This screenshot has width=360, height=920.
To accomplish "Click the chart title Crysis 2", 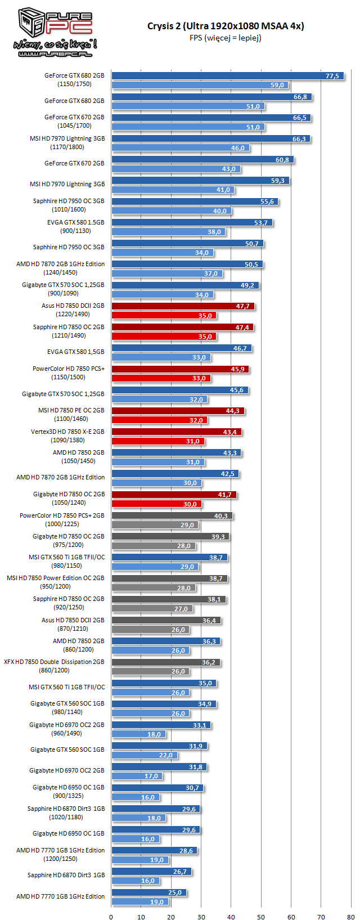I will pyautogui.click(x=226, y=26).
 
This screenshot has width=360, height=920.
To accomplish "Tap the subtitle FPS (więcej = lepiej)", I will pyautogui.click(x=226, y=38).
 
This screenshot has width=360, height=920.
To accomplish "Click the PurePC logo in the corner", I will pyautogui.click(x=55, y=32).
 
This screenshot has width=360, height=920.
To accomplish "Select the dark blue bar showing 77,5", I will pyautogui.click(x=227, y=76).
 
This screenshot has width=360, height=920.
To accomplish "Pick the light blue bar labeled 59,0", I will pyautogui.click(x=200, y=85).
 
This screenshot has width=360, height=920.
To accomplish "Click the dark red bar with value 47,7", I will pyautogui.click(x=183, y=306).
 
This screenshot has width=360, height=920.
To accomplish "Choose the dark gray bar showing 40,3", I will pyautogui.click(x=172, y=515).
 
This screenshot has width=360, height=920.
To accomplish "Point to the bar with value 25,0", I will pyautogui.click(x=148, y=892).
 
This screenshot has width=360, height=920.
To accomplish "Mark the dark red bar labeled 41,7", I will pyautogui.click(x=174, y=495).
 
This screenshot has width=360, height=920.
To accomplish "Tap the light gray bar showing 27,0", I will pyautogui.click(x=152, y=609).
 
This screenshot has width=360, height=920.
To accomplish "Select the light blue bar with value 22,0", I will pyautogui.click(x=144, y=755).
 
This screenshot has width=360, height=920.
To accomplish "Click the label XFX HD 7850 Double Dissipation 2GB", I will pyautogui.click(x=54, y=662).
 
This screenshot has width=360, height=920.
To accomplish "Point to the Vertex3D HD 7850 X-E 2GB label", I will pyautogui.click(x=67, y=432).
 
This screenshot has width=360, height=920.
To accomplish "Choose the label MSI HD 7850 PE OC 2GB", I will pyautogui.click(x=71, y=410).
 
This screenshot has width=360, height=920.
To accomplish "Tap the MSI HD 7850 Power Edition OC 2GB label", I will pyautogui.click(x=56, y=578).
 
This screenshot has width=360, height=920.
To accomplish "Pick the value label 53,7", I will pyautogui.click(x=261, y=223).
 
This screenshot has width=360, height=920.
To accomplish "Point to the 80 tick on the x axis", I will pyautogui.click(x=351, y=912).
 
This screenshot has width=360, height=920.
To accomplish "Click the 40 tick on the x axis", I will pyautogui.click(x=231, y=912).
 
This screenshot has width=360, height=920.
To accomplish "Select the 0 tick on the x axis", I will pyautogui.click(x=111, y=912).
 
